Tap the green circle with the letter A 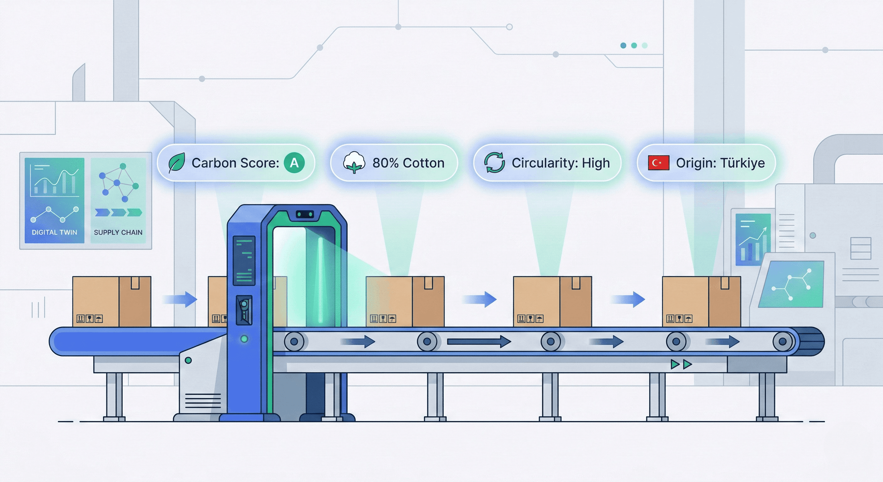point(294,163)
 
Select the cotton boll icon point(354,163)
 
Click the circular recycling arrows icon point(494,163)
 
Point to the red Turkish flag point(658,163)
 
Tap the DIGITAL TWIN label point(55,232)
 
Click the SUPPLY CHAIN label point(118,232)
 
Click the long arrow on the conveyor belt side point(479,341)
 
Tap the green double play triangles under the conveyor point(681,364)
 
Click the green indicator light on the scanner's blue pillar point(244,339)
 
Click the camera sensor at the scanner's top point(305,214)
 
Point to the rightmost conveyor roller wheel point(783,342)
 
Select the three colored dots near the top point(634,46)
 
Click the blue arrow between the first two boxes point(180,299)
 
